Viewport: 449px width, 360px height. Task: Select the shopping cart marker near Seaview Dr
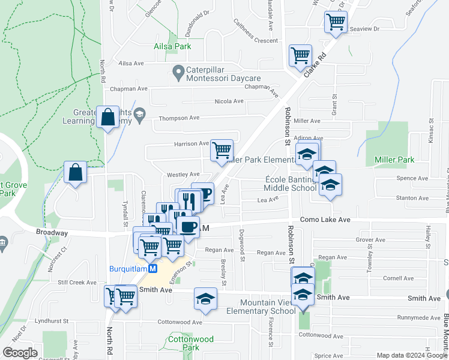[336, 22]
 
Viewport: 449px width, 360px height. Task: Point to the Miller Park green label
[394, 160]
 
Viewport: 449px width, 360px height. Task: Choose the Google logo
[20, 353]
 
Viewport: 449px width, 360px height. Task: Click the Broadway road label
[52, 232]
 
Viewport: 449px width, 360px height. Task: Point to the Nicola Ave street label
[229, 101]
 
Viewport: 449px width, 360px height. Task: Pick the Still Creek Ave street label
[77, 282]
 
